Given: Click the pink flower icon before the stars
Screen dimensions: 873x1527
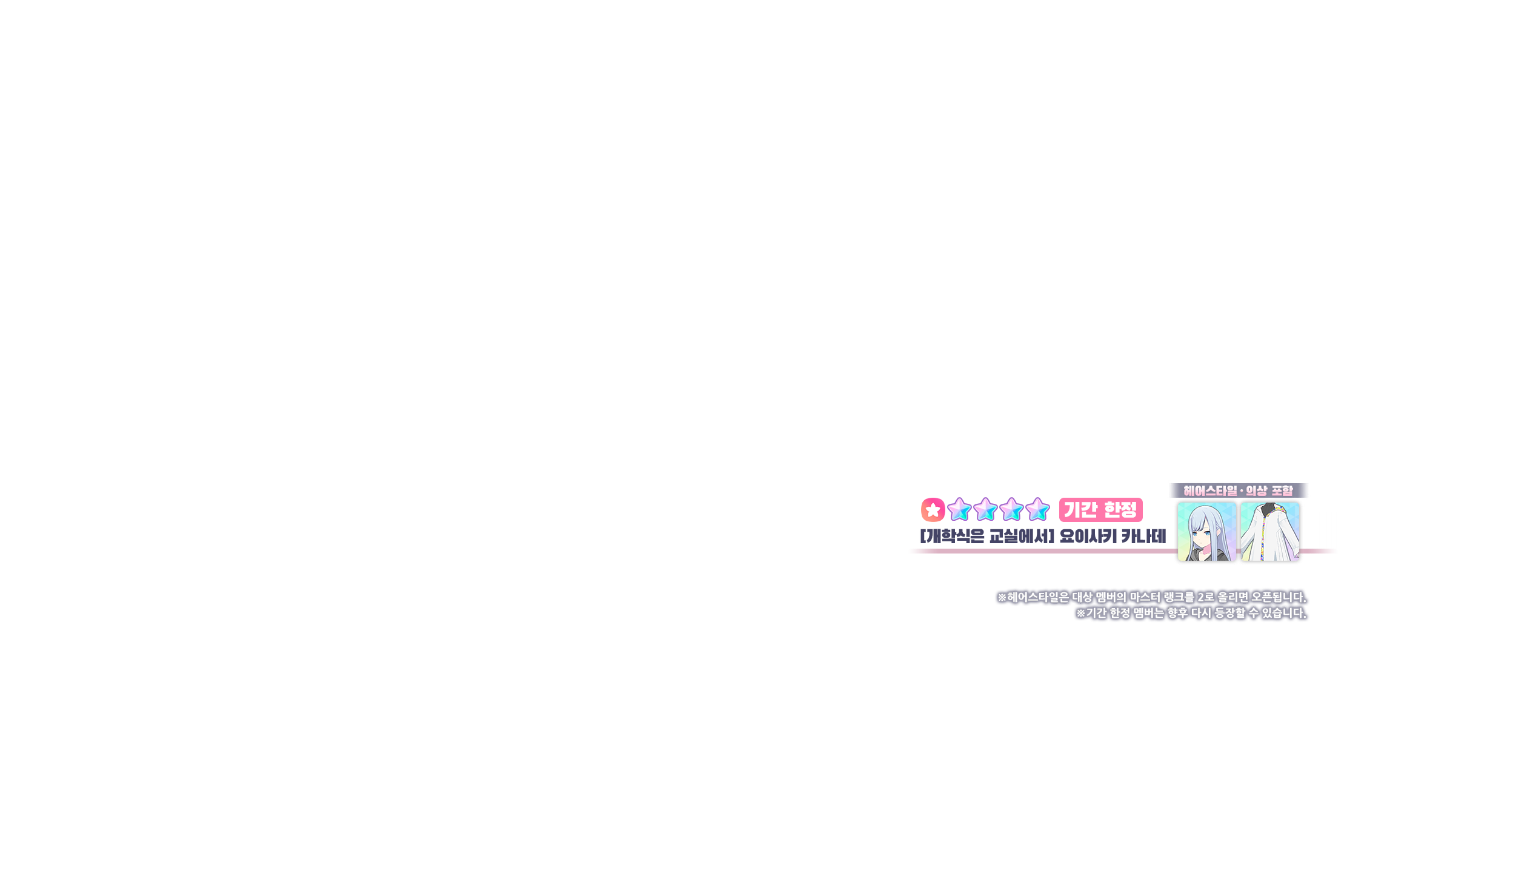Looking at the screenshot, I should click(x=933, y=510).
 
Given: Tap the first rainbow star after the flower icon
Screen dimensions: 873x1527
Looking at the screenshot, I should click(x=959, y=510).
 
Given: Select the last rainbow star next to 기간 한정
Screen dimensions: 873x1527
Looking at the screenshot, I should click(x=1037, y=510).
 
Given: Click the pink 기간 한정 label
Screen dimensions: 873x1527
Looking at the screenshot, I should click(x=1100, y=509).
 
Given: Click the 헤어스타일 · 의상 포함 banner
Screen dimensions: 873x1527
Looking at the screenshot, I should click(x=1238, y=490).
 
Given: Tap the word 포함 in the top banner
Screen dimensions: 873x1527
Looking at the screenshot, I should click(x=1282, y=490).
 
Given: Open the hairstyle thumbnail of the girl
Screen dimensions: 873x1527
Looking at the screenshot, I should click(x=1206, y=532).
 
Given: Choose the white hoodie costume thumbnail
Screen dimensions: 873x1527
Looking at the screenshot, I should click(x=1270, y=532).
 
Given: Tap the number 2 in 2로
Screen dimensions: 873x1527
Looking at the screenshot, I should click(x=1201, y=597).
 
